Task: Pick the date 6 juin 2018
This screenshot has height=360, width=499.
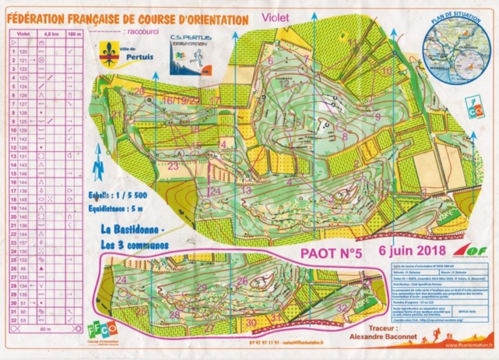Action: tap(411, 250)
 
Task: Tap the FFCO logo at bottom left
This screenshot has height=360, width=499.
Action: tap(111, 332)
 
